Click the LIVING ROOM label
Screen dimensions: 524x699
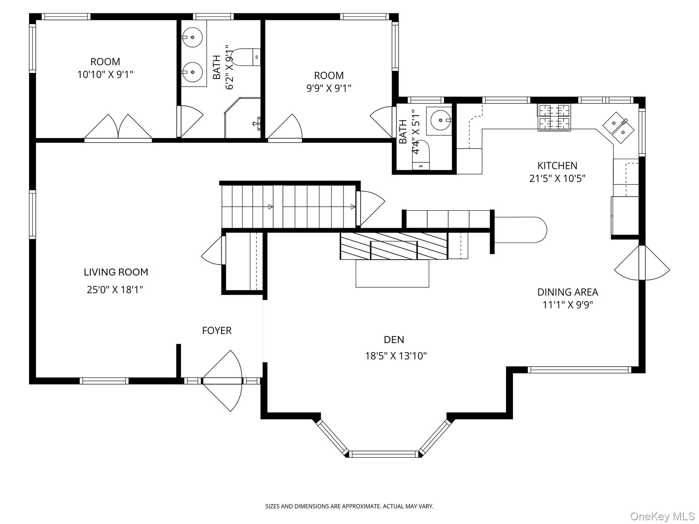(x=116, y=272)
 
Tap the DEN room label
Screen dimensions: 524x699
(x=394, y=339)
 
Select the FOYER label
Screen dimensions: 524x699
(x=217, y=330)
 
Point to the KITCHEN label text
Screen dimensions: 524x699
(x=557, y=165)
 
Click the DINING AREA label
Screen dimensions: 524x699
(x=567, y=292)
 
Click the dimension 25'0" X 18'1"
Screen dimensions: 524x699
(x=115, y=290)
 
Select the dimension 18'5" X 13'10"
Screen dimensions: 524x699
(x=396, y=356)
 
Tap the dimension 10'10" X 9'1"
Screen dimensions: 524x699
(x=105, y=74)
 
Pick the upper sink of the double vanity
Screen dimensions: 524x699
(x=192, y=37)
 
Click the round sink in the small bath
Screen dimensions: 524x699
(x=441, y=120)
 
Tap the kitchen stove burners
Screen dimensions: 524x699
(x=554, y=117)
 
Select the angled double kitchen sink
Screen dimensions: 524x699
(x=618, y=128)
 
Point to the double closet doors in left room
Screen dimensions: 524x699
(x=118, y=128)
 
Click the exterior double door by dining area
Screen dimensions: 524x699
(x=642, y=263)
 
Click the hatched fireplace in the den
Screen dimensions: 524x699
(x=394, y=246)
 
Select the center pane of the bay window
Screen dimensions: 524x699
(x=384, y=454)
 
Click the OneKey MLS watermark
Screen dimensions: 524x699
(x=662, y=516)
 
